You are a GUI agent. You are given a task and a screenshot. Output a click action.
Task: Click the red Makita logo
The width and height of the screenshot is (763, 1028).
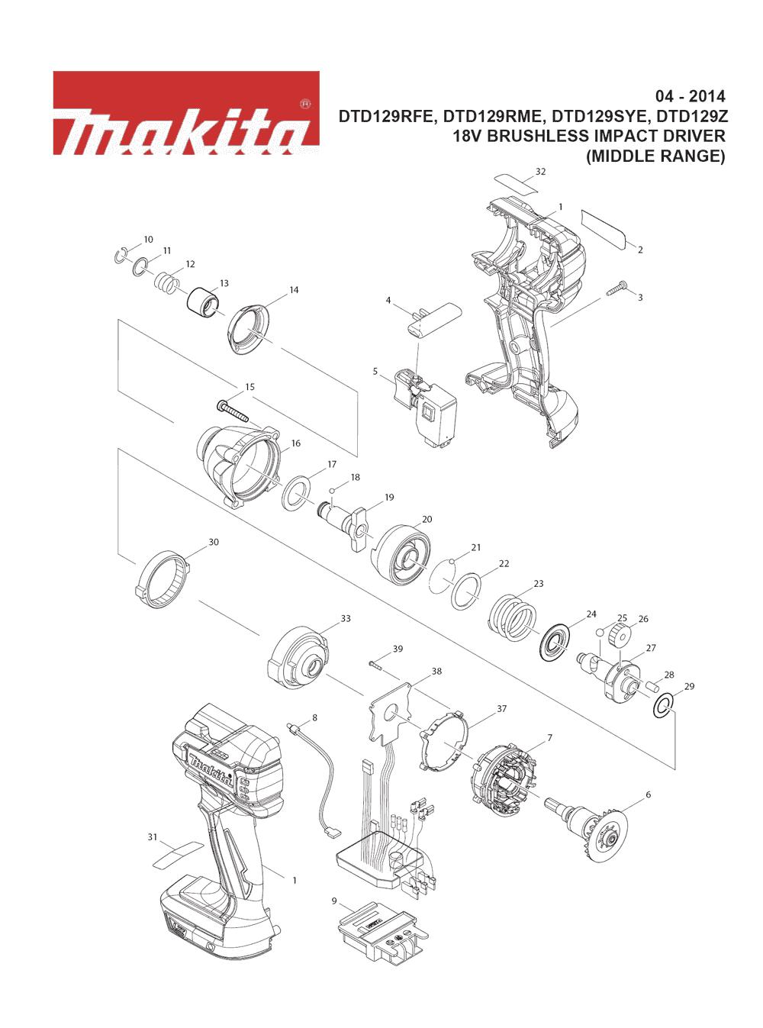click(186, 113)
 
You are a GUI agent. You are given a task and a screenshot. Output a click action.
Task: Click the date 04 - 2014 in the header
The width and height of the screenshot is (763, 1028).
click(689, 96)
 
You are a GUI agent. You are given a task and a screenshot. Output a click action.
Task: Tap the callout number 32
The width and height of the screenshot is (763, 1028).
click(540, 172)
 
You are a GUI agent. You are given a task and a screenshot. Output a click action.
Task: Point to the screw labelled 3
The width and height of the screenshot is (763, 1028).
click(617, 288)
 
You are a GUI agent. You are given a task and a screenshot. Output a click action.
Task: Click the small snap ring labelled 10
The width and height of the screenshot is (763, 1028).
click(121, 256)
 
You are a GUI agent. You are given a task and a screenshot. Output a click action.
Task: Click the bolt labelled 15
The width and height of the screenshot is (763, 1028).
click(233, 411)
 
